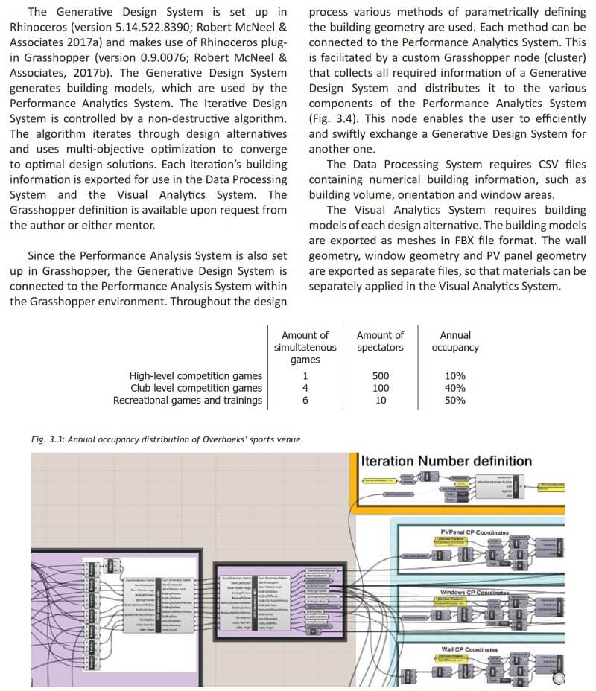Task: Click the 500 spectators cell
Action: pyautogui.click(x=380, y=376)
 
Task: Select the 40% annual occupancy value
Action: pyautogui.click(x=454, y=388)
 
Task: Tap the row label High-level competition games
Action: pyautogui.click(x=196, y=376)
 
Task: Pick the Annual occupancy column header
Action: pyautogui.click(x=454, y=341)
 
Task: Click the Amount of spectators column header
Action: pyautogui.click(x=380, y=341)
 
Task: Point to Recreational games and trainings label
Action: pyautogui.click(x=188, y=400)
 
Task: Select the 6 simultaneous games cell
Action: pyautogui.click(x=305, y=400)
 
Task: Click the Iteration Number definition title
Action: pyautogui.click(x=446, y=461)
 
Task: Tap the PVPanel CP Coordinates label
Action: pyautogui.click(x=475, y=533)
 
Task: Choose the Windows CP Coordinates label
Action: pyautogui.click(x=475, y=593)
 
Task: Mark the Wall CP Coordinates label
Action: pyautogui.click(x=469, y=650)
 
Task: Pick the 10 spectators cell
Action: pyautogui.click(x=380, y=400)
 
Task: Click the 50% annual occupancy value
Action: pyautogui.click(x=454, y=400)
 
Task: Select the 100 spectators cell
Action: pyautogui.click(x=380, y=388)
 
